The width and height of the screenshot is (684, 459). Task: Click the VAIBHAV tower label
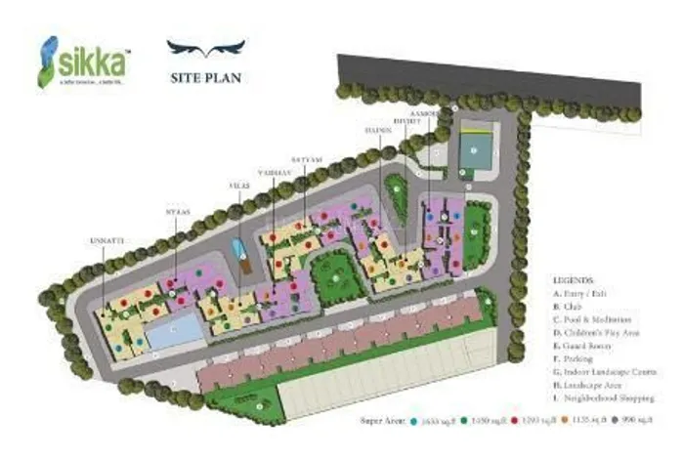pos(275,171)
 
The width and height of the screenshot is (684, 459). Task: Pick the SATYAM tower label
pos(304,157)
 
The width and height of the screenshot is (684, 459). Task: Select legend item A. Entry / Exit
pos(589,292)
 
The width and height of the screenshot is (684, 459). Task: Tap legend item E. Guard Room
pos(586,346)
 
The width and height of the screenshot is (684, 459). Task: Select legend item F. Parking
pos(580,359)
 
